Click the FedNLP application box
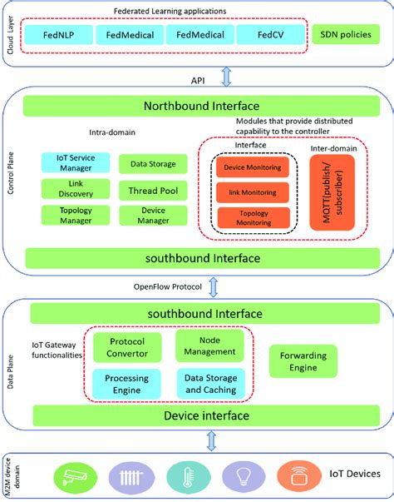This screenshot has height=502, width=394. (x=57, y=35)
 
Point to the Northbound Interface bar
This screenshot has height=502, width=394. (x=201, y=107)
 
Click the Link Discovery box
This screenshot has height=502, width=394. (x=74, y=189)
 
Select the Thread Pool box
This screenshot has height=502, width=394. (x=148, y=190)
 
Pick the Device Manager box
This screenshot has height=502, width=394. (x=148, y=216)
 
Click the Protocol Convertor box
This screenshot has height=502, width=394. (x=126, y=347)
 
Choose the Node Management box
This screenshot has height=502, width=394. (x=209, y=346)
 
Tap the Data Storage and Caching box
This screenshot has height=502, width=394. (x=209, y=384)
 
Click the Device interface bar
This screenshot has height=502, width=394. (x=199, y=415)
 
